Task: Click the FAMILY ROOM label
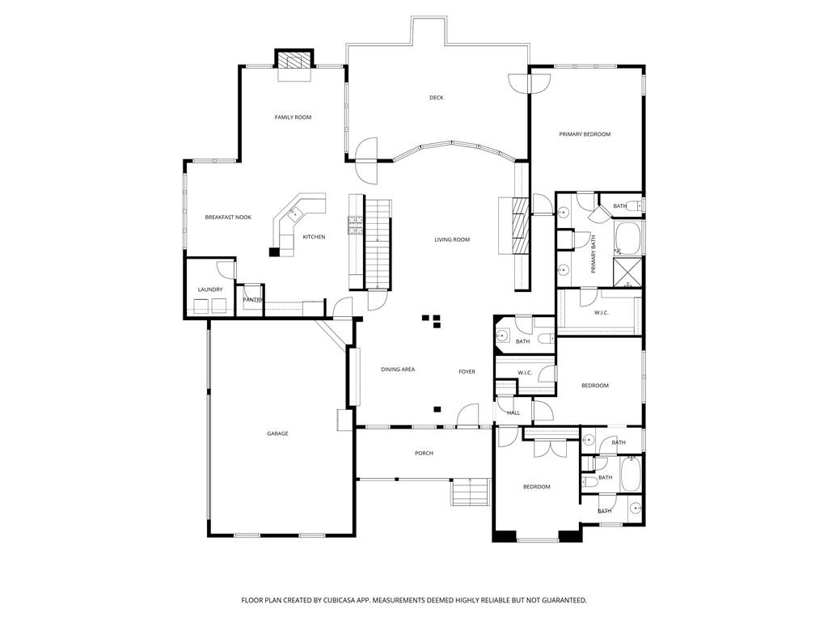(293, 117)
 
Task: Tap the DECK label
(436, 98)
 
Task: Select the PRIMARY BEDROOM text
(585, 134)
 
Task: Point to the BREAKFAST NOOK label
(228, 218)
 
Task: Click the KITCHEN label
(314, 237)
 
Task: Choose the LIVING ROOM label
(452, 239)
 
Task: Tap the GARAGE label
(277, 433)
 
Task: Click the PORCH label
(424, 454)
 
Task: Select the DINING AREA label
(398, 370)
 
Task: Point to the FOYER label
(467, 372)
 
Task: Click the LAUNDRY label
(210, 289)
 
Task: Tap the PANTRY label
(253, 300)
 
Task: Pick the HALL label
(513, 413)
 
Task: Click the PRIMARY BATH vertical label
(594, 253)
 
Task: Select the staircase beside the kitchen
(378, 243)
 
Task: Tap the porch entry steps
(470, 492)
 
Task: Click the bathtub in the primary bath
(628, 238)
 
